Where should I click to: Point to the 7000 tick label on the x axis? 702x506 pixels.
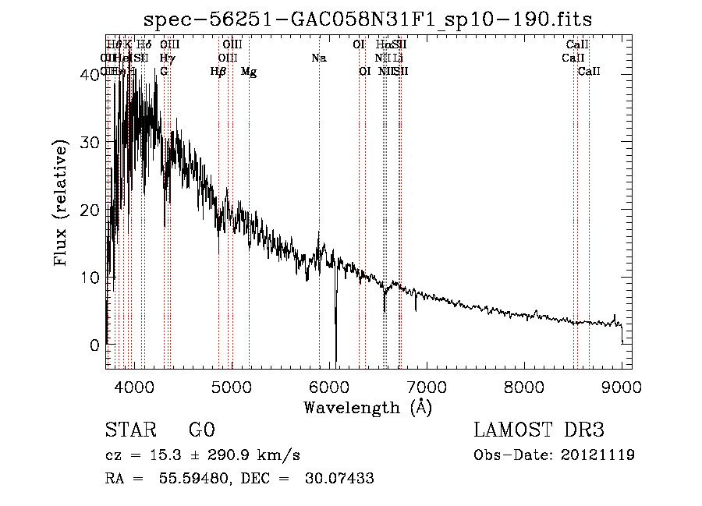click(427, 387)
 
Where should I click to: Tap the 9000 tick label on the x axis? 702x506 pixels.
click(622, 387)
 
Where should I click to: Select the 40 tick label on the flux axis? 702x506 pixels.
click(91, 75)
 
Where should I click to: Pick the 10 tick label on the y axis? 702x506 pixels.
click(91, 278)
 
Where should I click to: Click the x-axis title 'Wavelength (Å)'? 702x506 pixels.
click(367, 407)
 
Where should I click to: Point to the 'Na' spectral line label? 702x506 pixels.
click(318, 58)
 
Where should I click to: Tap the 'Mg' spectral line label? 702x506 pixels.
click(249, 72)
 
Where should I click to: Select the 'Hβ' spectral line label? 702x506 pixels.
click(218, 72)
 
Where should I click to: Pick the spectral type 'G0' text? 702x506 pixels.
click(201, 430)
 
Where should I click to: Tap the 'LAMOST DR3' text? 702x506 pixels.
click(538, 430)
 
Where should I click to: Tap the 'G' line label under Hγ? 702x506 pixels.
click(164, 72)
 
